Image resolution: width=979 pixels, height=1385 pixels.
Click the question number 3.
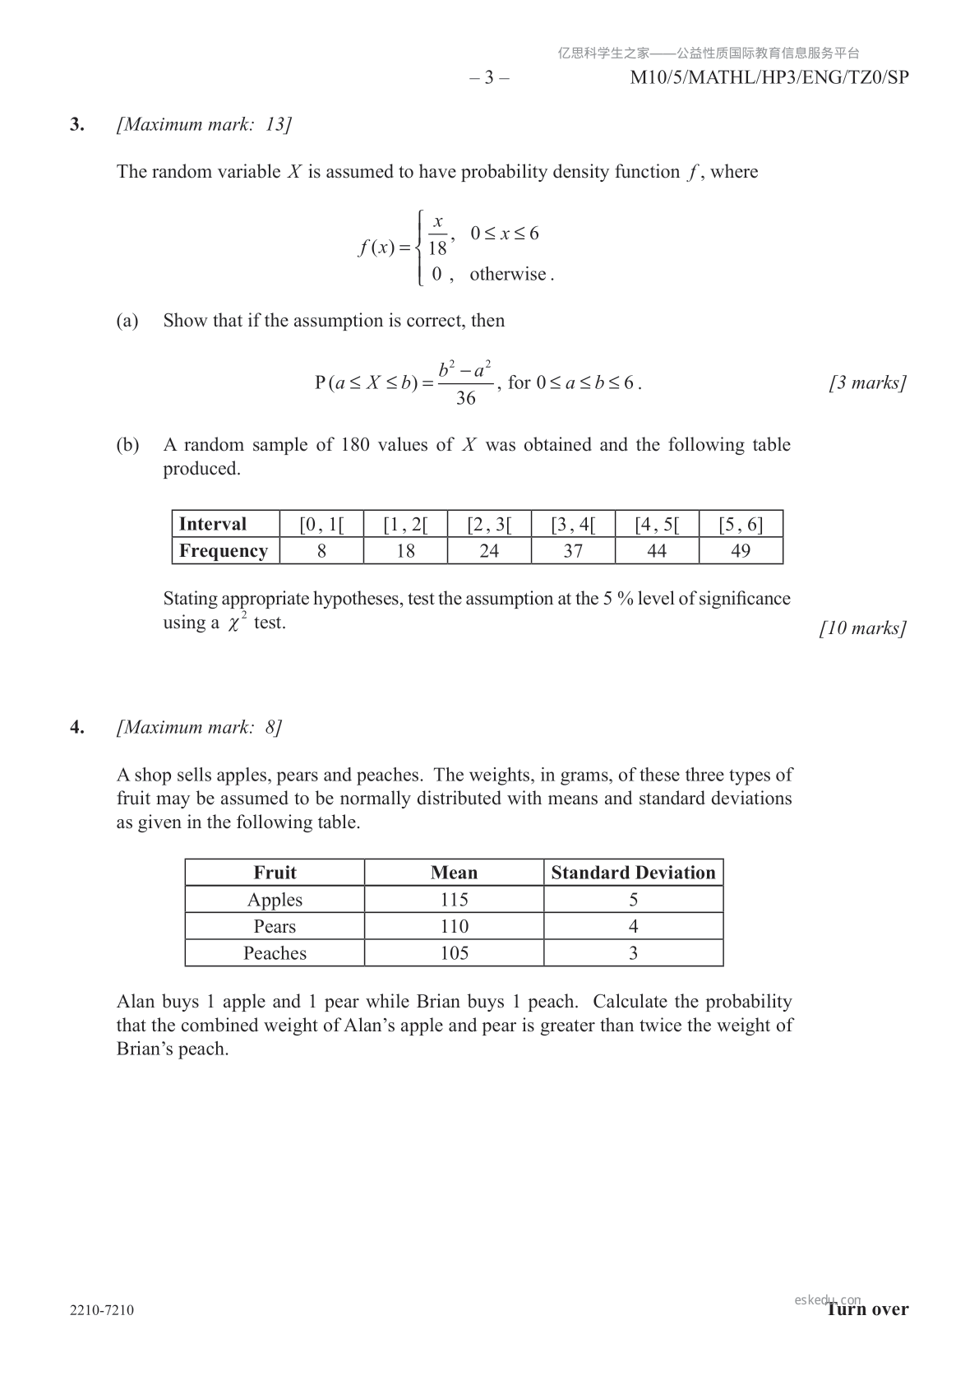click(76, 125)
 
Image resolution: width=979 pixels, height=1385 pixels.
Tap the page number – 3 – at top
click(489, 78)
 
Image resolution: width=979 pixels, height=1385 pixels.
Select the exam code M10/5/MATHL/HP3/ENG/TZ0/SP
click(769, 78)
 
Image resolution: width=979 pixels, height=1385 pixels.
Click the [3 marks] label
click(867, 383)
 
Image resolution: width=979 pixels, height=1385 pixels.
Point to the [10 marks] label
click(863, 628)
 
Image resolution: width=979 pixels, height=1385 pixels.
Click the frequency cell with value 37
click(573, 551)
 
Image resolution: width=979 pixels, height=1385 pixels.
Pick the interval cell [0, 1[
click(321, 525)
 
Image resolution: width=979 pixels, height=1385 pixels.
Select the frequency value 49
click(741, 551)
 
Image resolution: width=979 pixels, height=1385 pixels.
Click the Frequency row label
click(224, 551)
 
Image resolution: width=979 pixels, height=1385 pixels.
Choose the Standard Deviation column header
click(633, 873)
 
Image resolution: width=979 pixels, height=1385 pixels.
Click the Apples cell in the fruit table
click(275, 900)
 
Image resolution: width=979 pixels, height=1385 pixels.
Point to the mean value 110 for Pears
click(454, 927)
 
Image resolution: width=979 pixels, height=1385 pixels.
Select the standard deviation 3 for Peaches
click(633, 953)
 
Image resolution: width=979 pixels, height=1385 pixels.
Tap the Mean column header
click(454, 873)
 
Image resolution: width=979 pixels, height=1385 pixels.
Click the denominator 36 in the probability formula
click(465, 399)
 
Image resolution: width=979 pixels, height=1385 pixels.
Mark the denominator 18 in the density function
click(437, 248)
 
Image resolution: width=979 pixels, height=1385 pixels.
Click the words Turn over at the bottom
click(868, 1309)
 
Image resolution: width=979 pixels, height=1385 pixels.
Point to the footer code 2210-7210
click(102, 1310)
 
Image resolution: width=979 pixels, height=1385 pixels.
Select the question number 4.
click(76, 728)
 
